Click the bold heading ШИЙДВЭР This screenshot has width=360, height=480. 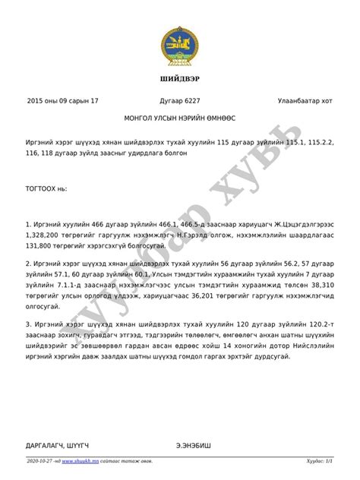(x=180, y=80)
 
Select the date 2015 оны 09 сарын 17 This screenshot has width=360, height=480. (x=62, y=100)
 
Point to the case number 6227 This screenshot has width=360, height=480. (x=191, y=100)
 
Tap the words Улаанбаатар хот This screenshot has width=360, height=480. (x=305, y=100)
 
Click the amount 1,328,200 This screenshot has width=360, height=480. (x=44, y=236)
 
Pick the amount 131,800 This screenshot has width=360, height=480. (x=42, y=247)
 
